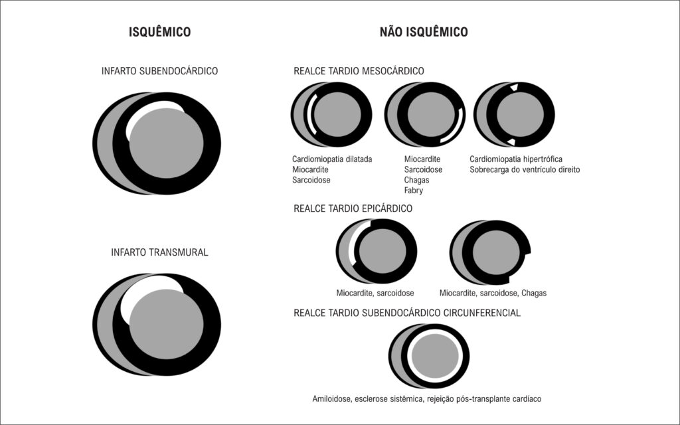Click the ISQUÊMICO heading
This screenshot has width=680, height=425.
pos(159,32)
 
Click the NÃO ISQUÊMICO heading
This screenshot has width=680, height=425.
pos(424,32)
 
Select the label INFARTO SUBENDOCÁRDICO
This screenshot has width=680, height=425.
pos(159,70)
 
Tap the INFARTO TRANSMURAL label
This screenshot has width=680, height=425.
pos(159,252)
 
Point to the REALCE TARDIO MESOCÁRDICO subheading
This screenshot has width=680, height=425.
pos(359,70)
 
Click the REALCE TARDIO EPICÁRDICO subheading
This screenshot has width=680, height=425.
pos(353,208)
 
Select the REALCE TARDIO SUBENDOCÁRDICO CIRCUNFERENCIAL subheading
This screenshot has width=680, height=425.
pos(407,313)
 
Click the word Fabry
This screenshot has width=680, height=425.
pos(413,191)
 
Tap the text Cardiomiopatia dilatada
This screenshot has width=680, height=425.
pos(332,159)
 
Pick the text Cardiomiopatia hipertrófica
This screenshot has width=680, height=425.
pos(515,159)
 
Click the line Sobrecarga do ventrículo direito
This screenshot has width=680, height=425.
pos(525,169)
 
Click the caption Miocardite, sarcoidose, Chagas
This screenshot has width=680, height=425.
pos(493,293)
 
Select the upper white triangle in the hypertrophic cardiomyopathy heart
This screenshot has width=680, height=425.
pos(515,87)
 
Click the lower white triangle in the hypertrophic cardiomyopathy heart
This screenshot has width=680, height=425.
pos(512,142)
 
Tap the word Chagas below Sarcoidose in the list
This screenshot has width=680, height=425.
pos(416,180)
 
